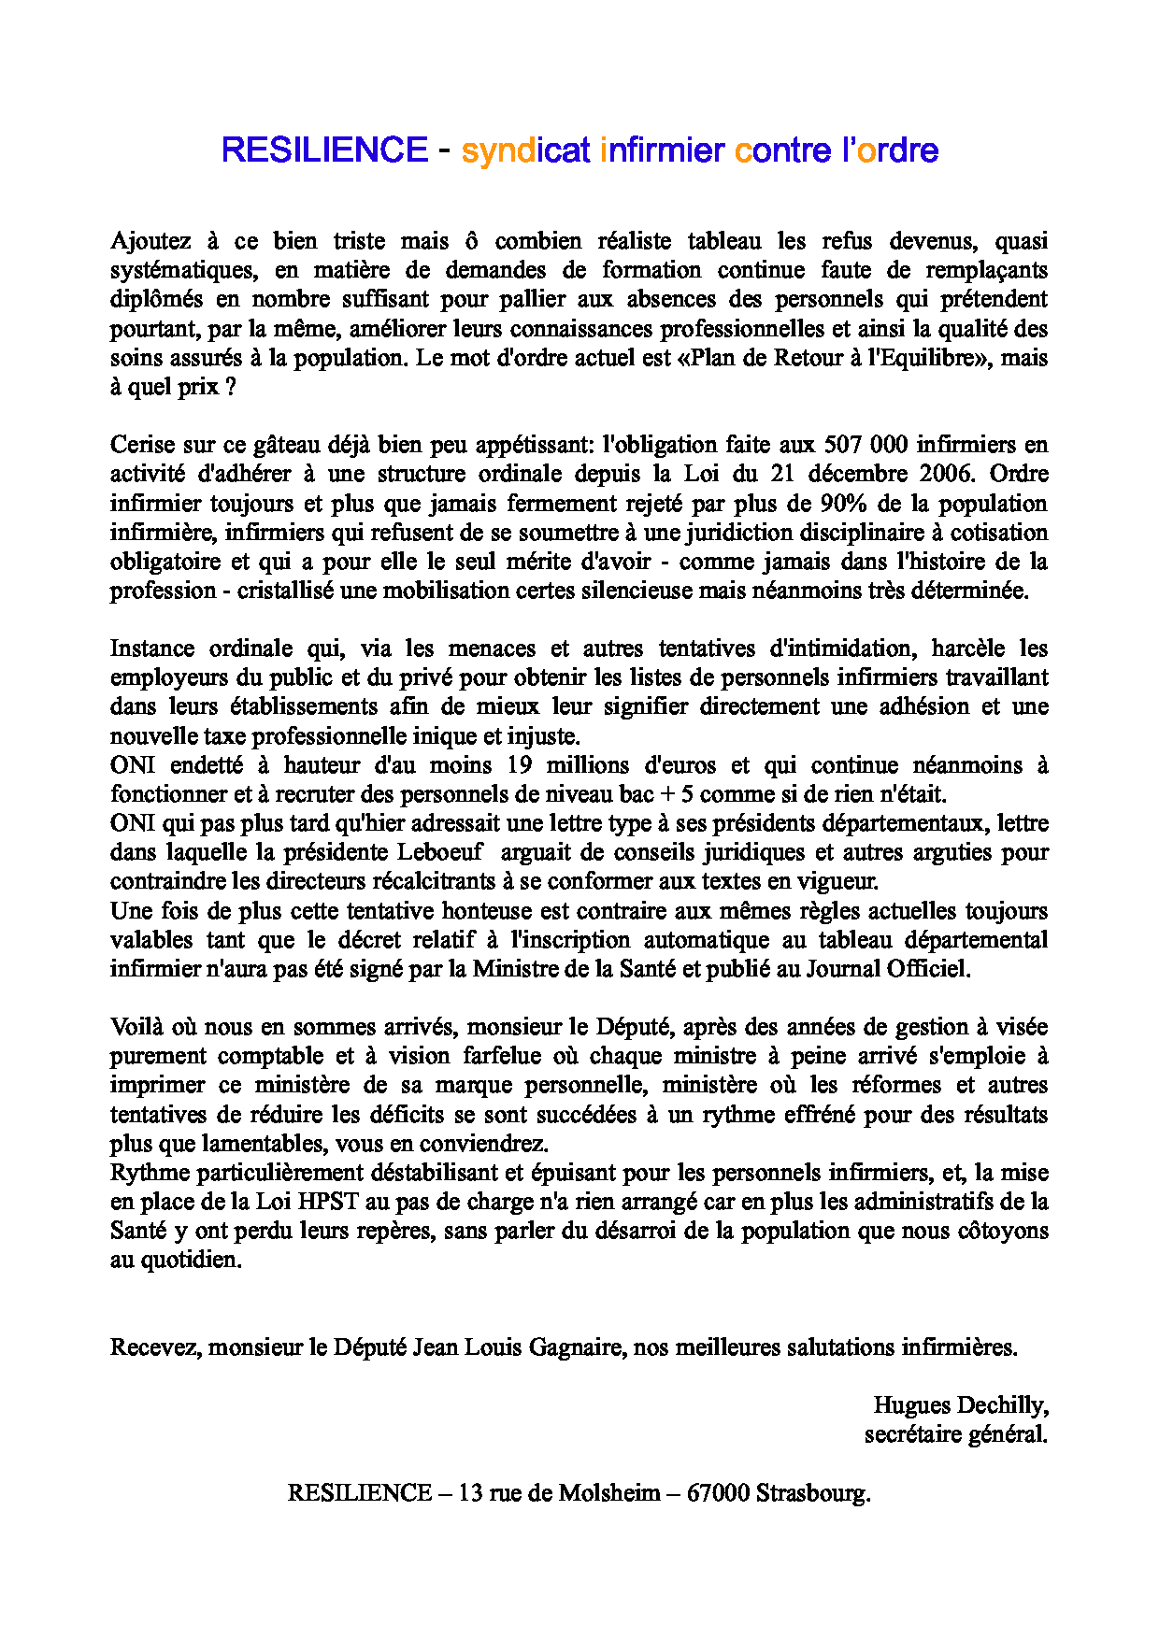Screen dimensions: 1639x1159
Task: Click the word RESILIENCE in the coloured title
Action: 324,150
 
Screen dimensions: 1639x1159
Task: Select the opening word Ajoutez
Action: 150,241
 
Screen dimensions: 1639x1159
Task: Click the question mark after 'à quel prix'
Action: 231,387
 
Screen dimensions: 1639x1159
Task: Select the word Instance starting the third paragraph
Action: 151,648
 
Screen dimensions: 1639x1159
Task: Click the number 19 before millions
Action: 520,765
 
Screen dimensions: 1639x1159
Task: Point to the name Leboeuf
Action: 440,852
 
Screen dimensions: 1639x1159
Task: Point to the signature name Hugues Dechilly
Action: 960,1405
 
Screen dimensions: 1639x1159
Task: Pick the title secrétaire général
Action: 955,1434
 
